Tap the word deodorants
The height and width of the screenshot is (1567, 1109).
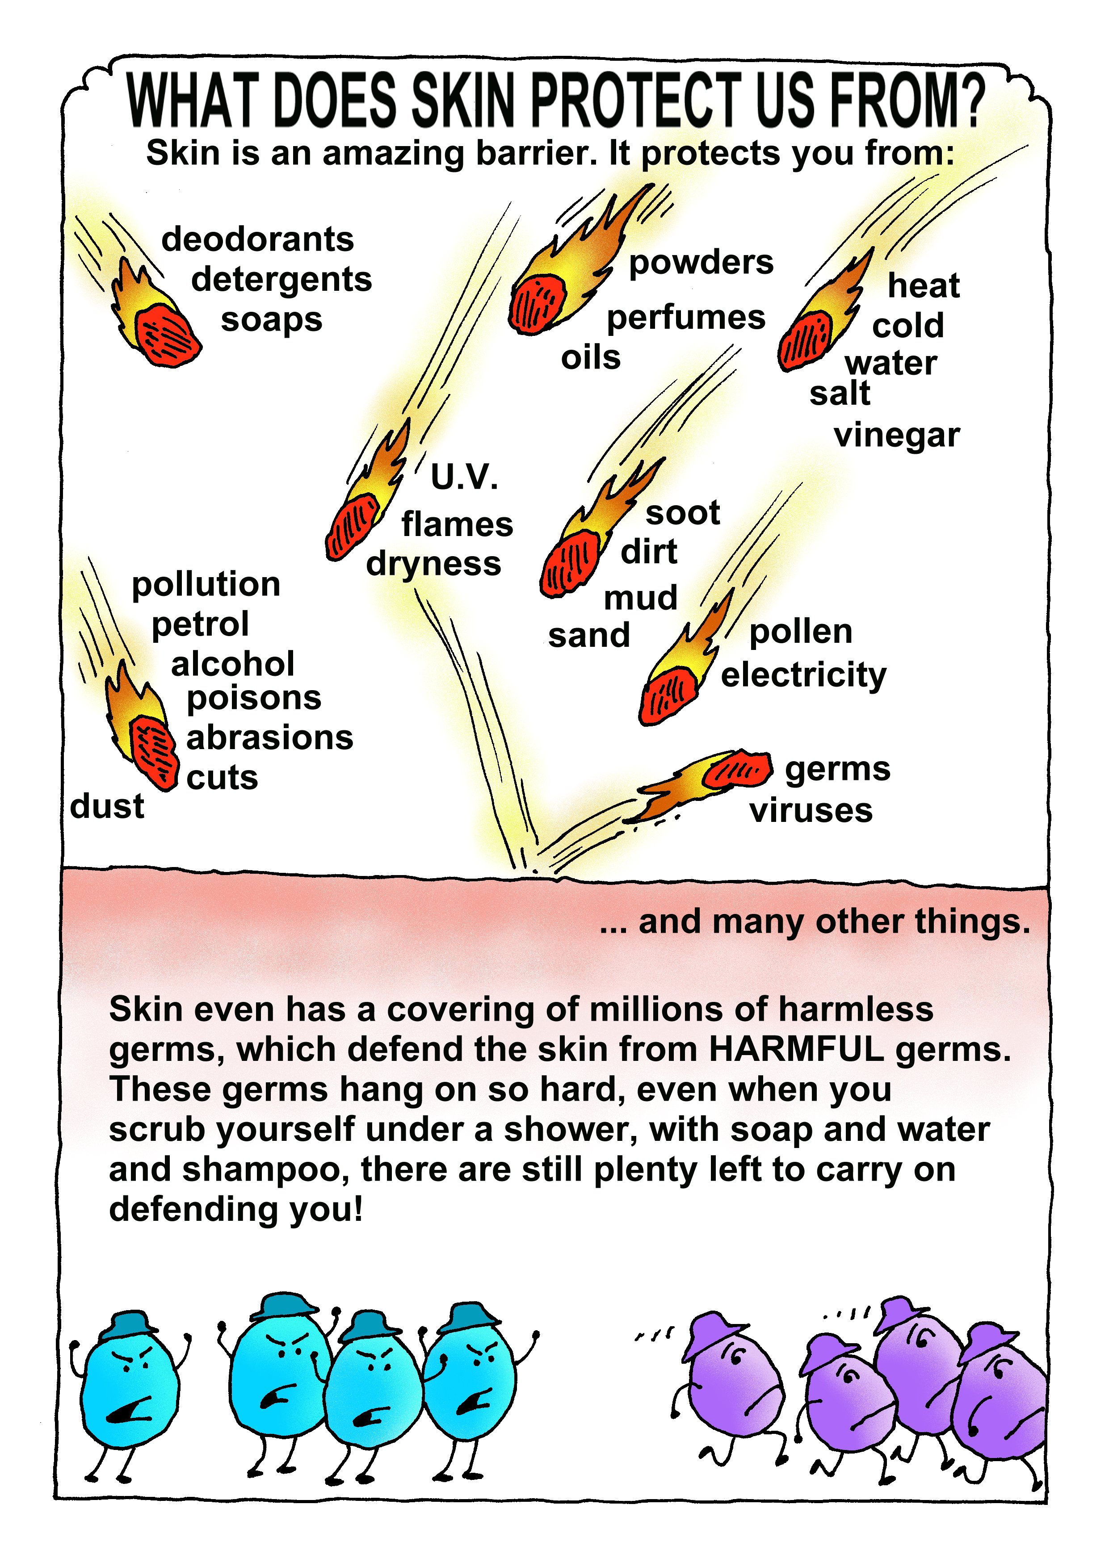click(257, 239)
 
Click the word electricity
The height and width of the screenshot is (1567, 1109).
click(804, 675)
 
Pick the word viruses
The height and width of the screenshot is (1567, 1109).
click(811, 811)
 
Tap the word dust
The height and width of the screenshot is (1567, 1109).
click(107, 806)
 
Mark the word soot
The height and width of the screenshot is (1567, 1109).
click(683, 513)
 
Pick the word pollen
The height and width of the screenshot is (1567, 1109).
click(801, 633)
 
